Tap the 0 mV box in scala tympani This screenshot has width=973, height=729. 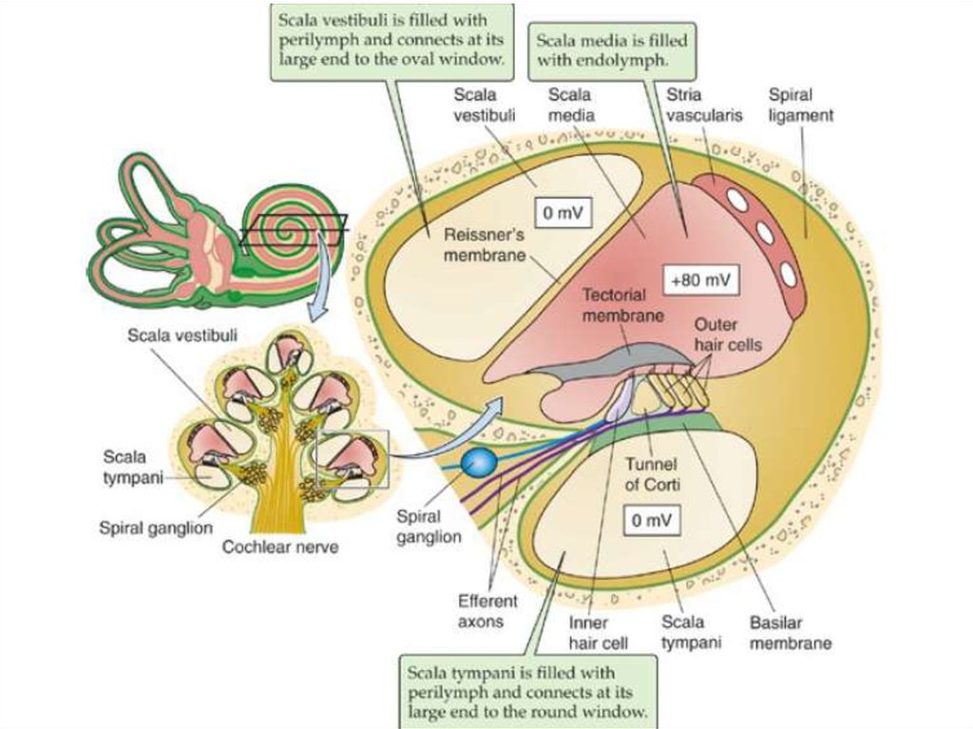(652, 520)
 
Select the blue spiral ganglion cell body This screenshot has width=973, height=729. (479, 463)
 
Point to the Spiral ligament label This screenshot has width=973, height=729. (801, 105)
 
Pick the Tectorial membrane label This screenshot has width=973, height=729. (621, 305)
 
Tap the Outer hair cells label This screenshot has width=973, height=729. (727, 336)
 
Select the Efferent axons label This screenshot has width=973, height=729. (487, 610)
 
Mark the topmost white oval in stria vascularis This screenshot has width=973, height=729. (736, 199)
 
